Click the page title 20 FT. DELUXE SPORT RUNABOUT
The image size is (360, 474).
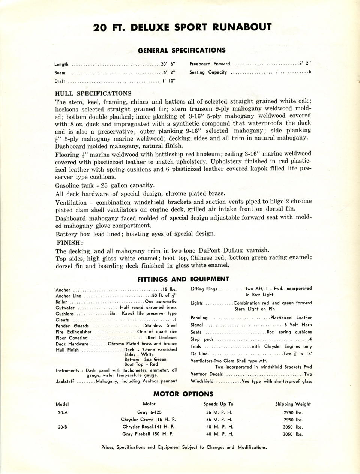[x=182, y=27]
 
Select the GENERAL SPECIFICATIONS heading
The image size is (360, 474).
[x=182, y=50]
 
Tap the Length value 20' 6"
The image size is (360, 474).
[x=168, y=64]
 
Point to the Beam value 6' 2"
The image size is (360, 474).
[x=169, y=73]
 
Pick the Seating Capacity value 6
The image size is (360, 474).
[x=310, y=72]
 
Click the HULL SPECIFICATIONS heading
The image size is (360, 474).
[x=93, y=93]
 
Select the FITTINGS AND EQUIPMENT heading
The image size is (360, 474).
[x=183, y=279]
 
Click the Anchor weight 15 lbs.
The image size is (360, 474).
[x=170, y=290]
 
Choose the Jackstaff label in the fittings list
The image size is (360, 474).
[x=65, y=381]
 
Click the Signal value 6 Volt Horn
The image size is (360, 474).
[x=298, y=325]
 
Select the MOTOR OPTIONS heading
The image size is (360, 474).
[x=183, y=394]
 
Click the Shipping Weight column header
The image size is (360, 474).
[x=293, y=404]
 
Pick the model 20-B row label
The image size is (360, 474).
[x=62, y=427]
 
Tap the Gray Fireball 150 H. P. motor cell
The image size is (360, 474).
[x=148, y=434]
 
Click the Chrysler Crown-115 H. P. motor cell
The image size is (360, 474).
[x=148, y=420]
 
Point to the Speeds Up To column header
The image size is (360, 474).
[x=218, y=404]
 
